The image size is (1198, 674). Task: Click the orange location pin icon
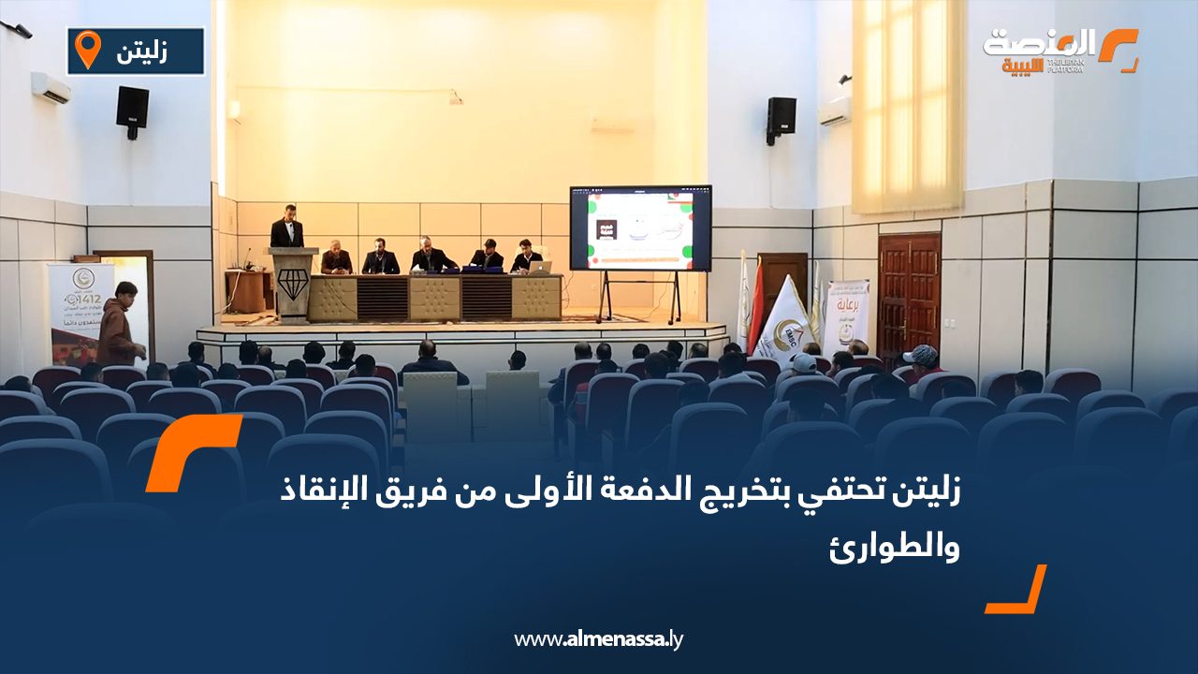[87, 50]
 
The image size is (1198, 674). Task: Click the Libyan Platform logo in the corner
[1059, 51]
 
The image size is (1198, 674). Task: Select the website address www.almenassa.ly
[599, 639]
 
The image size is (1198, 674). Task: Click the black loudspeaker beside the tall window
[781, 117]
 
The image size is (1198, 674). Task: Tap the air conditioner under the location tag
[51, 88]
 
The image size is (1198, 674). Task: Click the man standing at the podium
[286, 227]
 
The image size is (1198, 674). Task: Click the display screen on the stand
[640, 227]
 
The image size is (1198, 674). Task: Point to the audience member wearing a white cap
[803, 364]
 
